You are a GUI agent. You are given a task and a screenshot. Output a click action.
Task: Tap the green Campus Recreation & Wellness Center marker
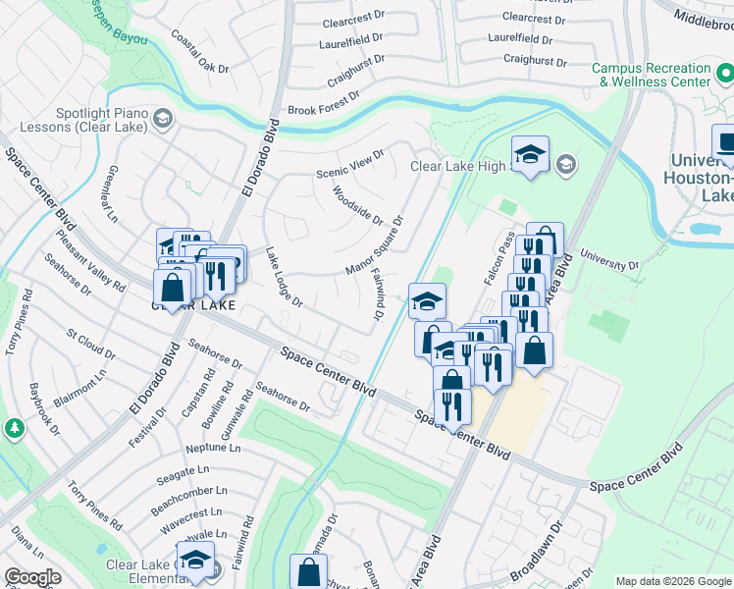724,75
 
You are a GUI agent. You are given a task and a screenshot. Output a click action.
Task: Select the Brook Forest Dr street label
323,104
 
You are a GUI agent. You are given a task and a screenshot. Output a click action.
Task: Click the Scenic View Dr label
348,161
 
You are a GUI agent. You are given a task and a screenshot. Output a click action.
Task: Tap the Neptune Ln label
213,448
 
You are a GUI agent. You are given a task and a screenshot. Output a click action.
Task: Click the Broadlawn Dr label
539,567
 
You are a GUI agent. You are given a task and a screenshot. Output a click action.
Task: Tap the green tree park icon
15,429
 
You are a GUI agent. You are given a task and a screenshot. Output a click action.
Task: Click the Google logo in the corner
32,577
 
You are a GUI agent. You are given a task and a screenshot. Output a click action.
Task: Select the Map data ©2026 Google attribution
672,581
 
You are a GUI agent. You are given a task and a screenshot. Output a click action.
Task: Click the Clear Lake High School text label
459,166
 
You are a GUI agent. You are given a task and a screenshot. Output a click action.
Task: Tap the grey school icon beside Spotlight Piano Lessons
163,120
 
